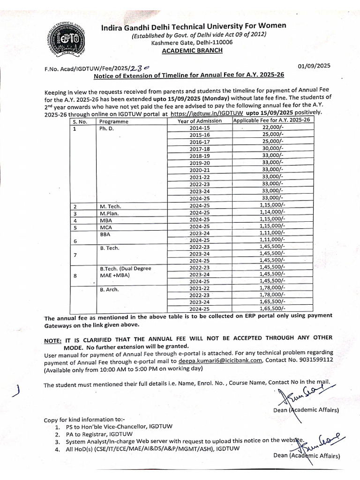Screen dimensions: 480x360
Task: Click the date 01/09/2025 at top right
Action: [314, 66]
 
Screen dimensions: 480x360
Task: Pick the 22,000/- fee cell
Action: [272, 127]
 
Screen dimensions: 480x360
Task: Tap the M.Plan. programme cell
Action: [109, 213]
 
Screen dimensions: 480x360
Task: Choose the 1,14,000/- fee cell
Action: [272, 212]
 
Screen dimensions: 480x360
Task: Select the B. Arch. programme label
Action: [110, 290]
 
